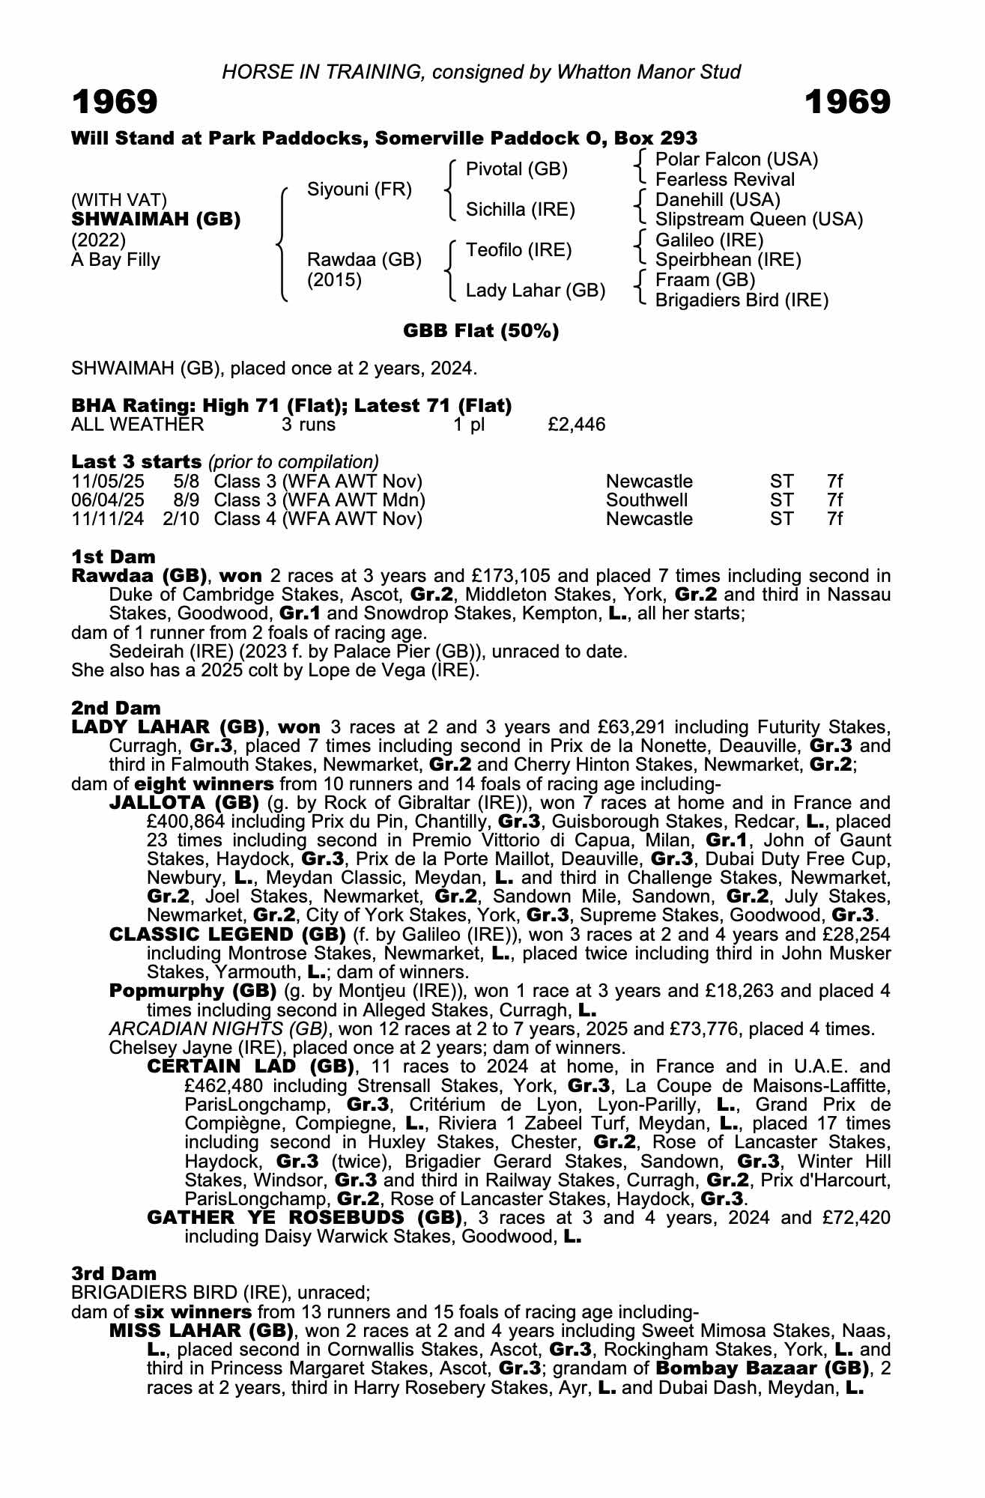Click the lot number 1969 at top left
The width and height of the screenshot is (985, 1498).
(x=115, y=102)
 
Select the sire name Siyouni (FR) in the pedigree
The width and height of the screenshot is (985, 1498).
(x=360, y=189)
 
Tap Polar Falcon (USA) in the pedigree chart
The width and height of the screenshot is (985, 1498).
(x=736, y=160)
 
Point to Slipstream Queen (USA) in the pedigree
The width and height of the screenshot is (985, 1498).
(x=759, y=219)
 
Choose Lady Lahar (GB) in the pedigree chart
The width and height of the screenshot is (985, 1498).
(x=536, y=291)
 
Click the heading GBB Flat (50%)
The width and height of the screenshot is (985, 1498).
(x=481, y=331)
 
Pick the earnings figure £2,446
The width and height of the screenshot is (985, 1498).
(x=576, y=425)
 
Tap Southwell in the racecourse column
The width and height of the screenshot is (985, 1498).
(x=646, y=500)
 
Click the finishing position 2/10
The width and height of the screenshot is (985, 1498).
(x=181, y=519)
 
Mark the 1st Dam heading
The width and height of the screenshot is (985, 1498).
(x=113, y=557)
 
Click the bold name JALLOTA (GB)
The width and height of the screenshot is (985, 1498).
(x=184, y=803)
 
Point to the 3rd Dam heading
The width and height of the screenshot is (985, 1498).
(x=114, y=1273)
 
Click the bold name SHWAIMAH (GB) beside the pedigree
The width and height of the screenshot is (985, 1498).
(x=156, y=219)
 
